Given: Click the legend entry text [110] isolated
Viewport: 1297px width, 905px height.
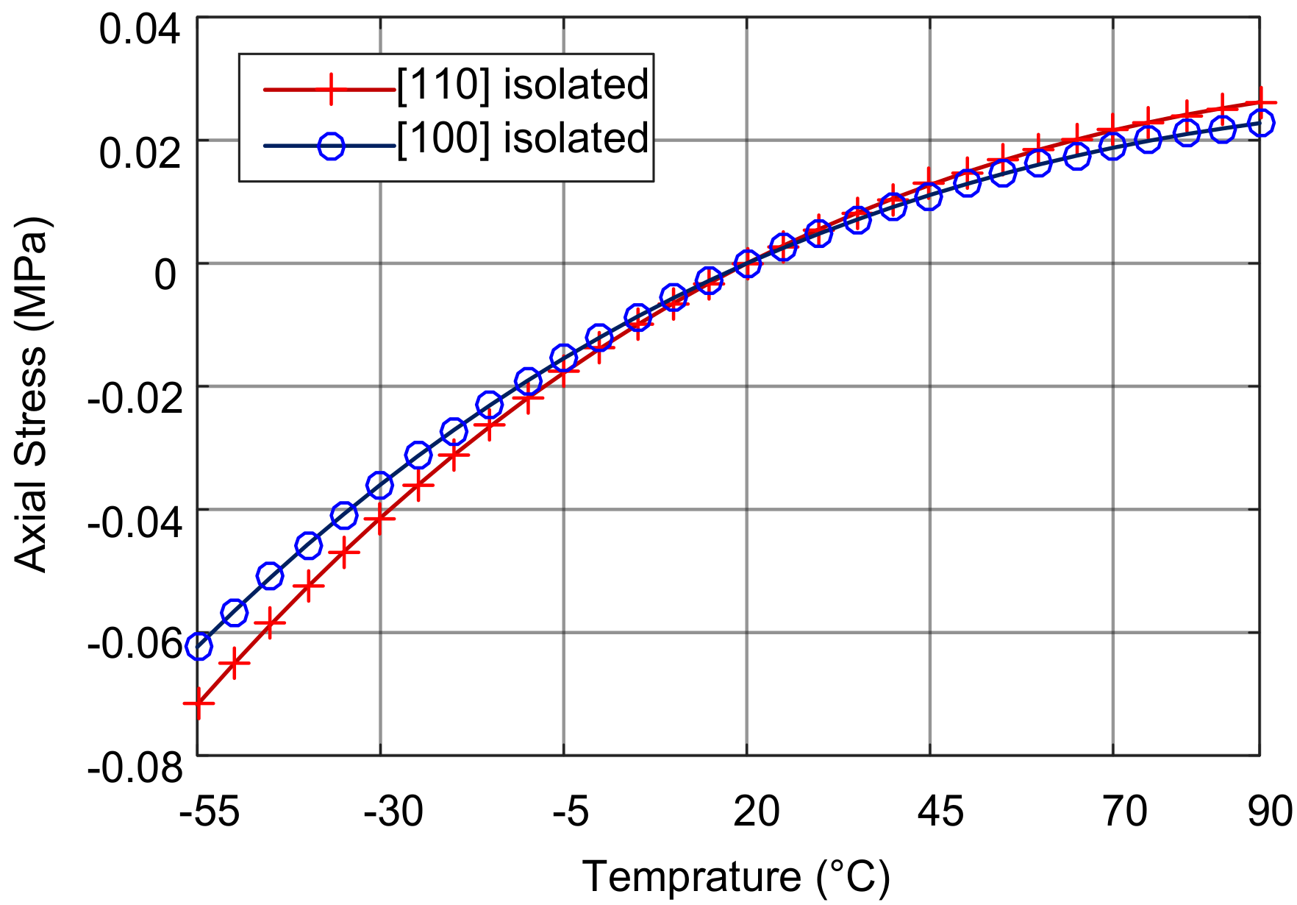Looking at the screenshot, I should [522, 85].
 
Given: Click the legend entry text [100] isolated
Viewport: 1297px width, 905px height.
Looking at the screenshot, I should [522, 138].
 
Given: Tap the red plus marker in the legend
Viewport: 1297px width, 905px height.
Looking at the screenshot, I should [331, 89].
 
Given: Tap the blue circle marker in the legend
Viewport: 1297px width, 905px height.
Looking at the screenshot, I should [331, 146].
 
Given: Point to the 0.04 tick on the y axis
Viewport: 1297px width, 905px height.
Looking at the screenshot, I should [140, 30].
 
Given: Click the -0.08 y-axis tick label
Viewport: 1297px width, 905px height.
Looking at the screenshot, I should [135, 768].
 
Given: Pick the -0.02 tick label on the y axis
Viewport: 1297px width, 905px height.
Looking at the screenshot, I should [135, 399].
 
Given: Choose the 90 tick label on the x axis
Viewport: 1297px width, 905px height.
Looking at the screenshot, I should [1271, 812].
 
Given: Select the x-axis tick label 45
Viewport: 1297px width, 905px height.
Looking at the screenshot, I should [940, 812].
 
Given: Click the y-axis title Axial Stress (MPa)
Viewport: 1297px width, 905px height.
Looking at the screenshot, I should [31, 394].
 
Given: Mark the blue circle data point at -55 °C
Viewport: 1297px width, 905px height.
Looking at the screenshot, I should [199, 646].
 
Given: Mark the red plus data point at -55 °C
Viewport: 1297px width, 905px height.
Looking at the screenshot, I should [198, 703].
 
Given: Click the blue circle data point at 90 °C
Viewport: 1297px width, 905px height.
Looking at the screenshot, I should [1260, 123].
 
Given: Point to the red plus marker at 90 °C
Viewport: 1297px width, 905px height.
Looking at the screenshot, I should [1260, 102].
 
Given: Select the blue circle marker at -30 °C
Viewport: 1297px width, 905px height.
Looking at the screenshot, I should [379, 485].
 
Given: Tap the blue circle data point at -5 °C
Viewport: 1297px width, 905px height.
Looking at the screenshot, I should [563, 358].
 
